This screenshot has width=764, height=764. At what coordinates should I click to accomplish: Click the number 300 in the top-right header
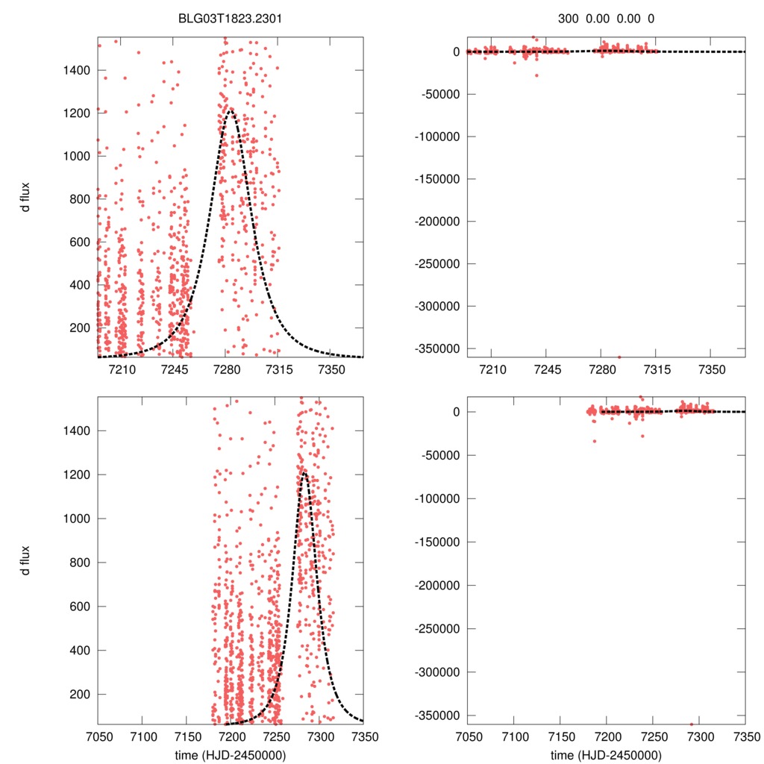pyautogui.click(x=568, y=18)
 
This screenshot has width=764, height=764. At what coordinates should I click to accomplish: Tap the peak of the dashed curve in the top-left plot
pyautogui.click(x=229, y=109)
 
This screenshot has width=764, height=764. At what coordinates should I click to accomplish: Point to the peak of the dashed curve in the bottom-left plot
pyautogui.click(x=304, y=472)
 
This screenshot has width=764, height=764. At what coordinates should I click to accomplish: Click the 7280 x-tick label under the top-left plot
pyautogui.click(x=225, y=369)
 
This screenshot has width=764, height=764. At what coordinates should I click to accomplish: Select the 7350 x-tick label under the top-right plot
pyautogui.click(x=712, y=369)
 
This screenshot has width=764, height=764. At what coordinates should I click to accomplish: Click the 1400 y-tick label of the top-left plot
pyautogui.click(x=76, y=70)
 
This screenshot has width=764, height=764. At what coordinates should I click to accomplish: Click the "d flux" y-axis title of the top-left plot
pyautogui.click(x=26, y=196)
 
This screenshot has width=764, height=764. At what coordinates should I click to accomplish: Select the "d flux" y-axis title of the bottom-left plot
pyautogui.click(x=26, y=560)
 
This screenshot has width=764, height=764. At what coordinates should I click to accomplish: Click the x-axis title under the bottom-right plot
pyautogui.click(x=607, y=754)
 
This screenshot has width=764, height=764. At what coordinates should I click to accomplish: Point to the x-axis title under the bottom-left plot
pyautogui.click(x=231, y=754)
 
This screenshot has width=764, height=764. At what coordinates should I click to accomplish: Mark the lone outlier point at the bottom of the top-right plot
pyautogui.click(x=619, y=357)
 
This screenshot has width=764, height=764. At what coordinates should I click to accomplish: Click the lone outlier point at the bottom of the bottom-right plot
pyautogui.click(x=691, y=724)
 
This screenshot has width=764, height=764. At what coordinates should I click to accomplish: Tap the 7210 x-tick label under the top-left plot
pyautogui.click(x=122, y=369)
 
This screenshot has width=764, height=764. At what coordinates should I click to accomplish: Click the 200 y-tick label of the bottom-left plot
pyautogui.click(x=79, y=694)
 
